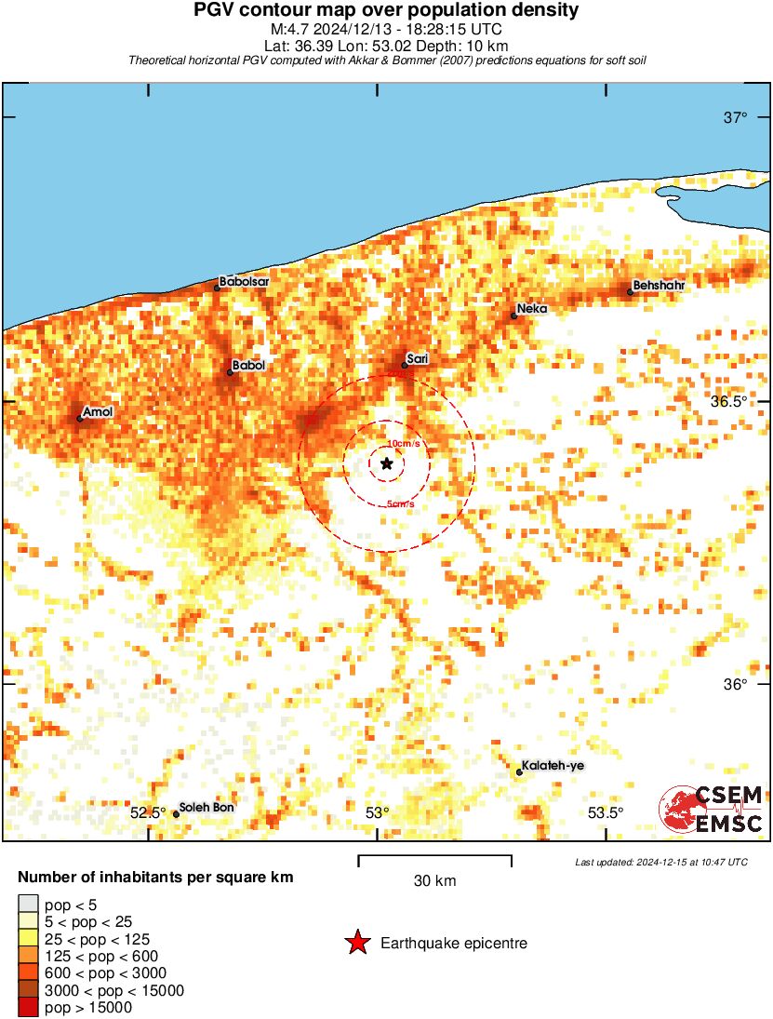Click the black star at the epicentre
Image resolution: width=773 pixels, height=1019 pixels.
click(386, 463)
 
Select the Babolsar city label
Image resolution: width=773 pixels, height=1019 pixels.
click(244, 281)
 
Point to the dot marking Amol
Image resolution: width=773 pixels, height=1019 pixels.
click(79, 419)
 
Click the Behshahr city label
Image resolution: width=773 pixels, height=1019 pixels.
click(659, 285)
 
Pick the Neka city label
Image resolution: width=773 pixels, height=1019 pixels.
click(532, 308)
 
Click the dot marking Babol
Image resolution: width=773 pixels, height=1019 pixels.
click(230, 373)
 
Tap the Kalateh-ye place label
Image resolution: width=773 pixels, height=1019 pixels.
click(553, 766)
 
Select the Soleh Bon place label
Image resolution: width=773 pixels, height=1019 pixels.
click(207, 807)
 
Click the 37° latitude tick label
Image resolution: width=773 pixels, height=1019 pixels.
click(736, 117)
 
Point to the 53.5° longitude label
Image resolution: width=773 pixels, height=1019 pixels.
click(606, 813)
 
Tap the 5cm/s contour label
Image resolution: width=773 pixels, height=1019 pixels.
click(401, 504)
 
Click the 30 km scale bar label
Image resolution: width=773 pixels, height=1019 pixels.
click(434, 880)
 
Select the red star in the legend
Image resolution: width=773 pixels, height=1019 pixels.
click(356, 944)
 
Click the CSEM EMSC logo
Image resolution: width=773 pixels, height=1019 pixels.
click(713, 809)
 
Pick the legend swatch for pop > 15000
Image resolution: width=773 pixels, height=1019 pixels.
click(28, 1008)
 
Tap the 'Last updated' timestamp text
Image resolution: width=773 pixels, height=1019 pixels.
click(660, 863)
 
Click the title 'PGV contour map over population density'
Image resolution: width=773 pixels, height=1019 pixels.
click(386, 11)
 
